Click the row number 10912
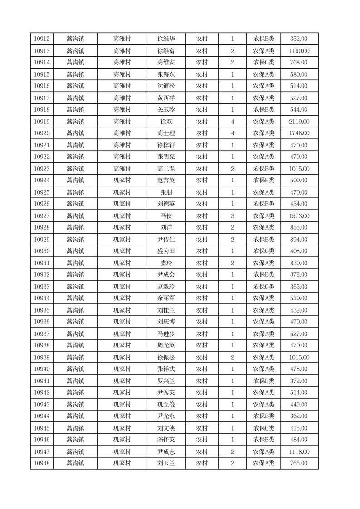click(42, 39)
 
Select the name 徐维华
click(165, 39)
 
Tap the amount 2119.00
click(299, 122)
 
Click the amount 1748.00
click(299, 133)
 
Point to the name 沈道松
click(165, 86)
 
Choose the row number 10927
click(42, 216)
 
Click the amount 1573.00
click(299, 216)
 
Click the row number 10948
click(42, 463)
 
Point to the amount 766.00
click(299, 463)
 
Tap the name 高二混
click(165, 169)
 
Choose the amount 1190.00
click(299, 51)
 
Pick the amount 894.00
click(299, 240)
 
